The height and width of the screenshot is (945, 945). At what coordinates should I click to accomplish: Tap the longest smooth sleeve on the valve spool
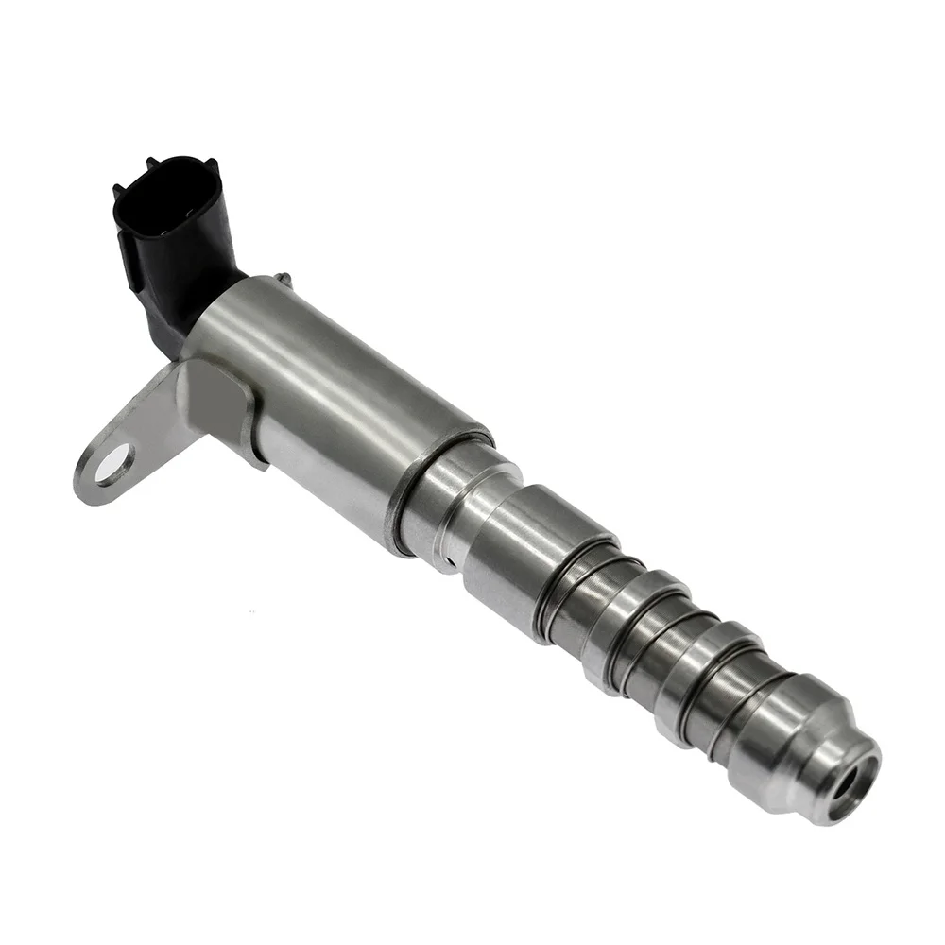pyautogui.click(x=539, y=548)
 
